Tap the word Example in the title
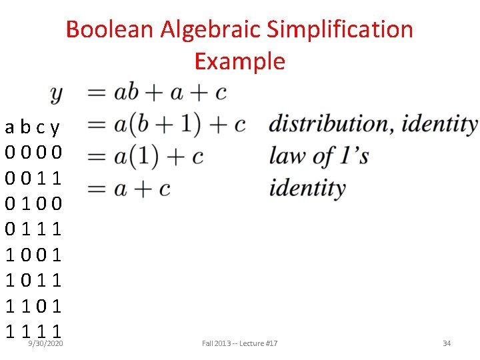coord(239,61)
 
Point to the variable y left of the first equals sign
coord(57,93)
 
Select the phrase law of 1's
coord(318,156)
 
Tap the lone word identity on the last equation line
coord(307,188)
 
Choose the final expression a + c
coord(142,189)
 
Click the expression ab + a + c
coord(170,92)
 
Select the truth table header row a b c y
coord(33,127)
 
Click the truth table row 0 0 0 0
coord(33,152)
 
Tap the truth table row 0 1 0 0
coord(33,203)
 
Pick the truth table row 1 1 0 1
coord(33,305)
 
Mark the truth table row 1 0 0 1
coord(33,254)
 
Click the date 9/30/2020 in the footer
coord(45,343)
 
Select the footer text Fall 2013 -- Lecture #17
coord(239,343)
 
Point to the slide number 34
coord(447,343)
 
